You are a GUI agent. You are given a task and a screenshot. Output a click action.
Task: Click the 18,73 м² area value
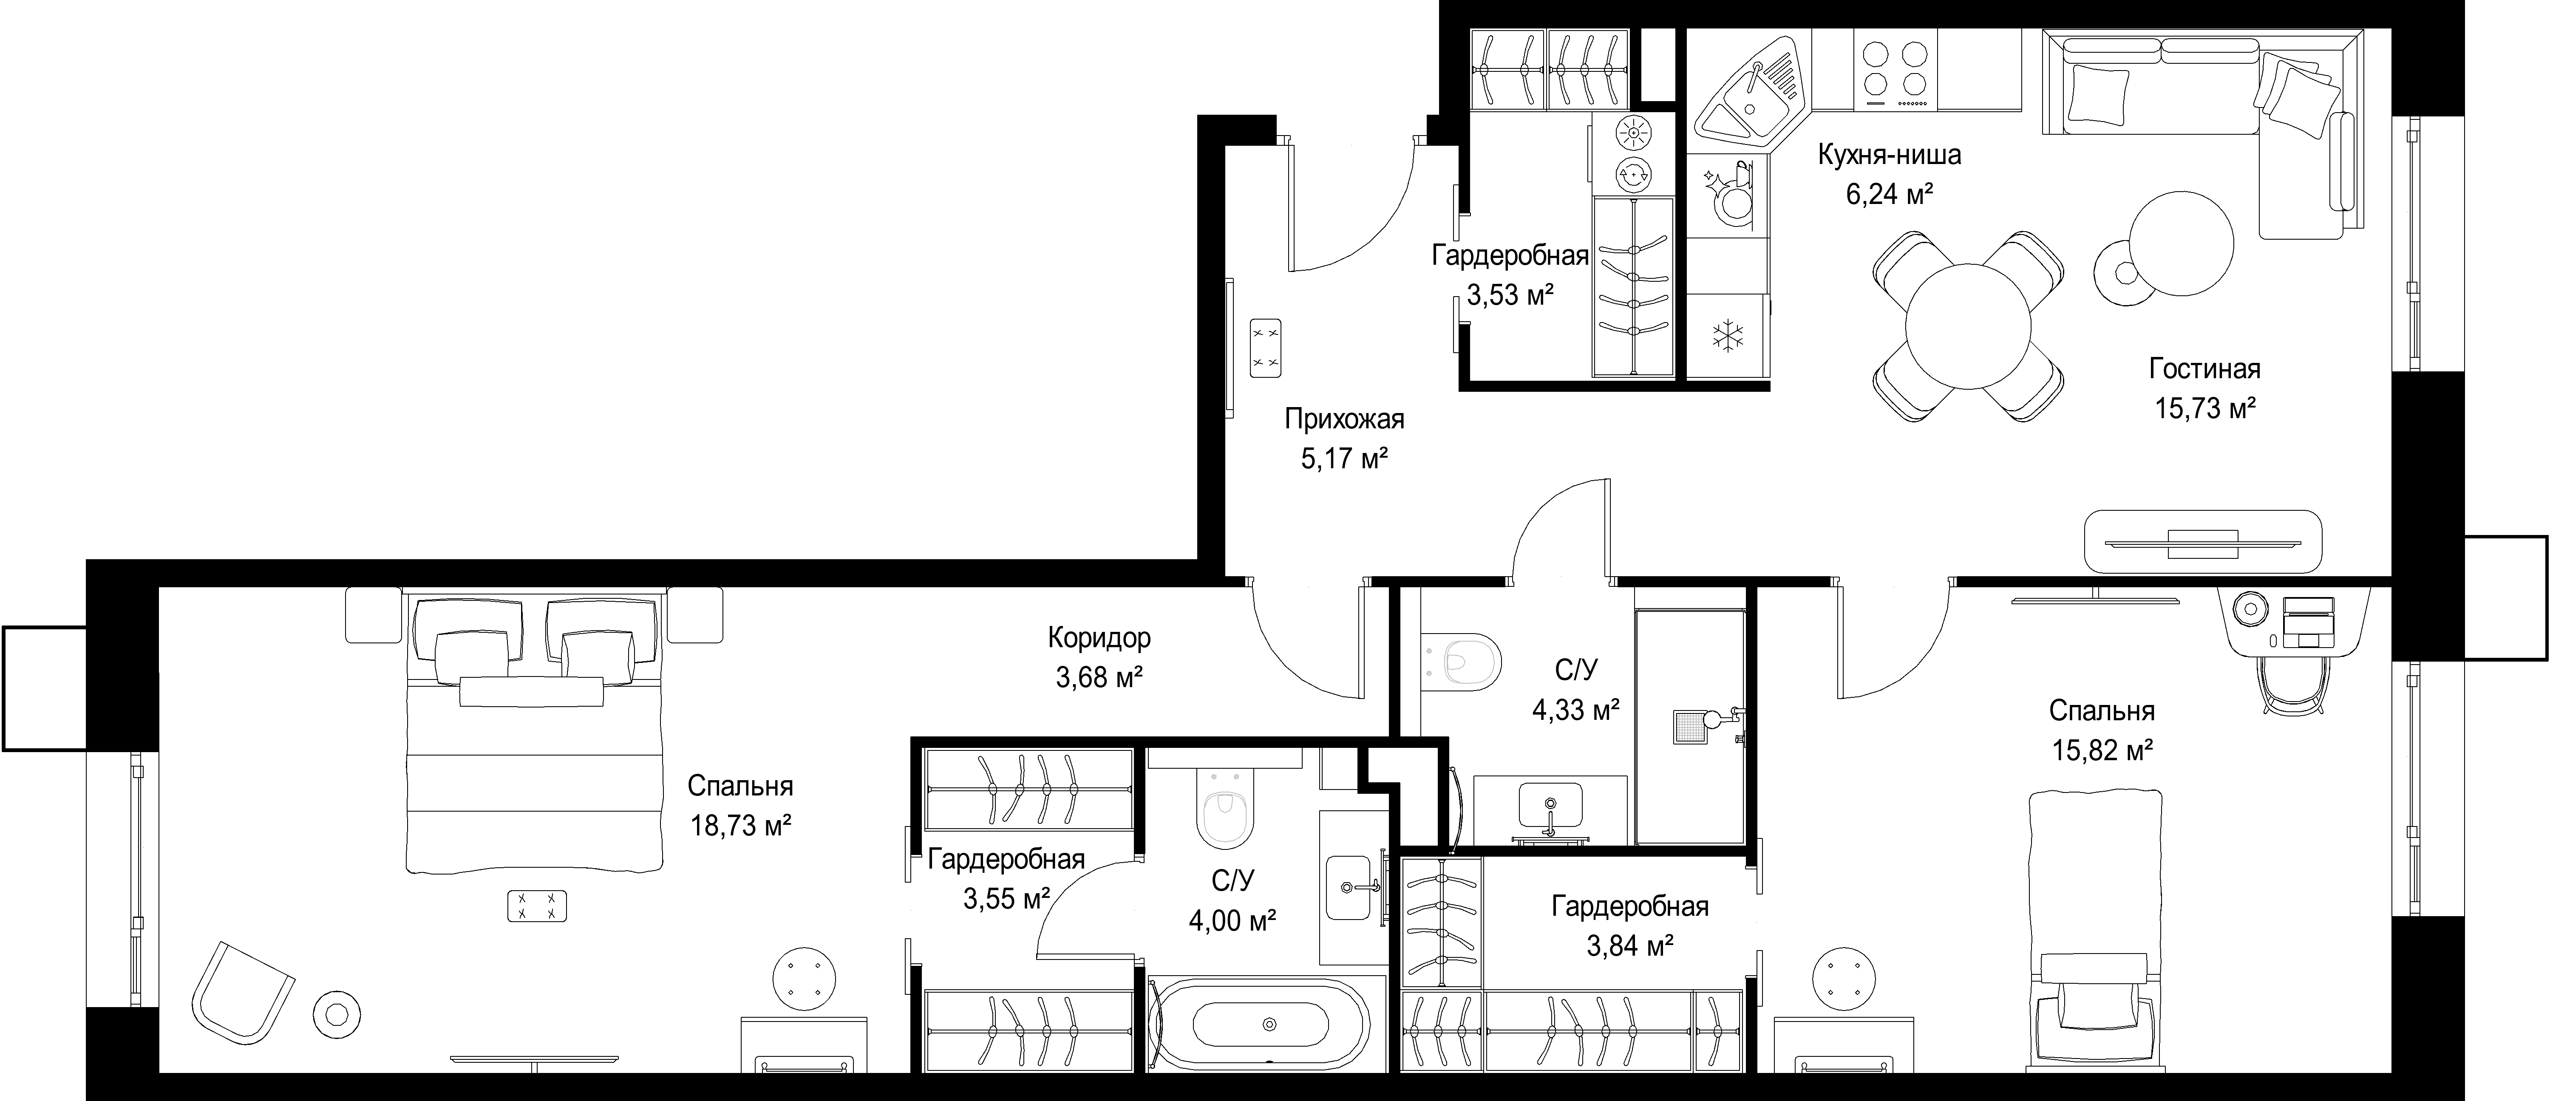pyautogui.click(x=740, y=826)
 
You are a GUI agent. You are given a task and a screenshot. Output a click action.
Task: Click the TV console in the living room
pyautogui.click(x=2202, y=542)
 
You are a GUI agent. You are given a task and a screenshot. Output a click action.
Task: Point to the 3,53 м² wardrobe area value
pyautogui.click(x=1510, y=294)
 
